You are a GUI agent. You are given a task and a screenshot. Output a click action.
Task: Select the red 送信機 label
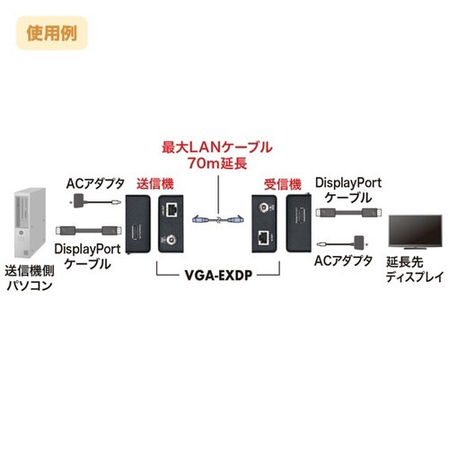pos(152,182)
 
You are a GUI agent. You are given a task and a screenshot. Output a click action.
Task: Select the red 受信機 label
pos(281,182)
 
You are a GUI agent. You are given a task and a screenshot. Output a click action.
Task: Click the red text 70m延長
pos(216,163)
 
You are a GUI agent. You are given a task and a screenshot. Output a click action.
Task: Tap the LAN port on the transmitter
pos(172,212)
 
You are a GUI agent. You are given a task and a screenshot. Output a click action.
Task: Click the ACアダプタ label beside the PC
pos(94,186)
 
